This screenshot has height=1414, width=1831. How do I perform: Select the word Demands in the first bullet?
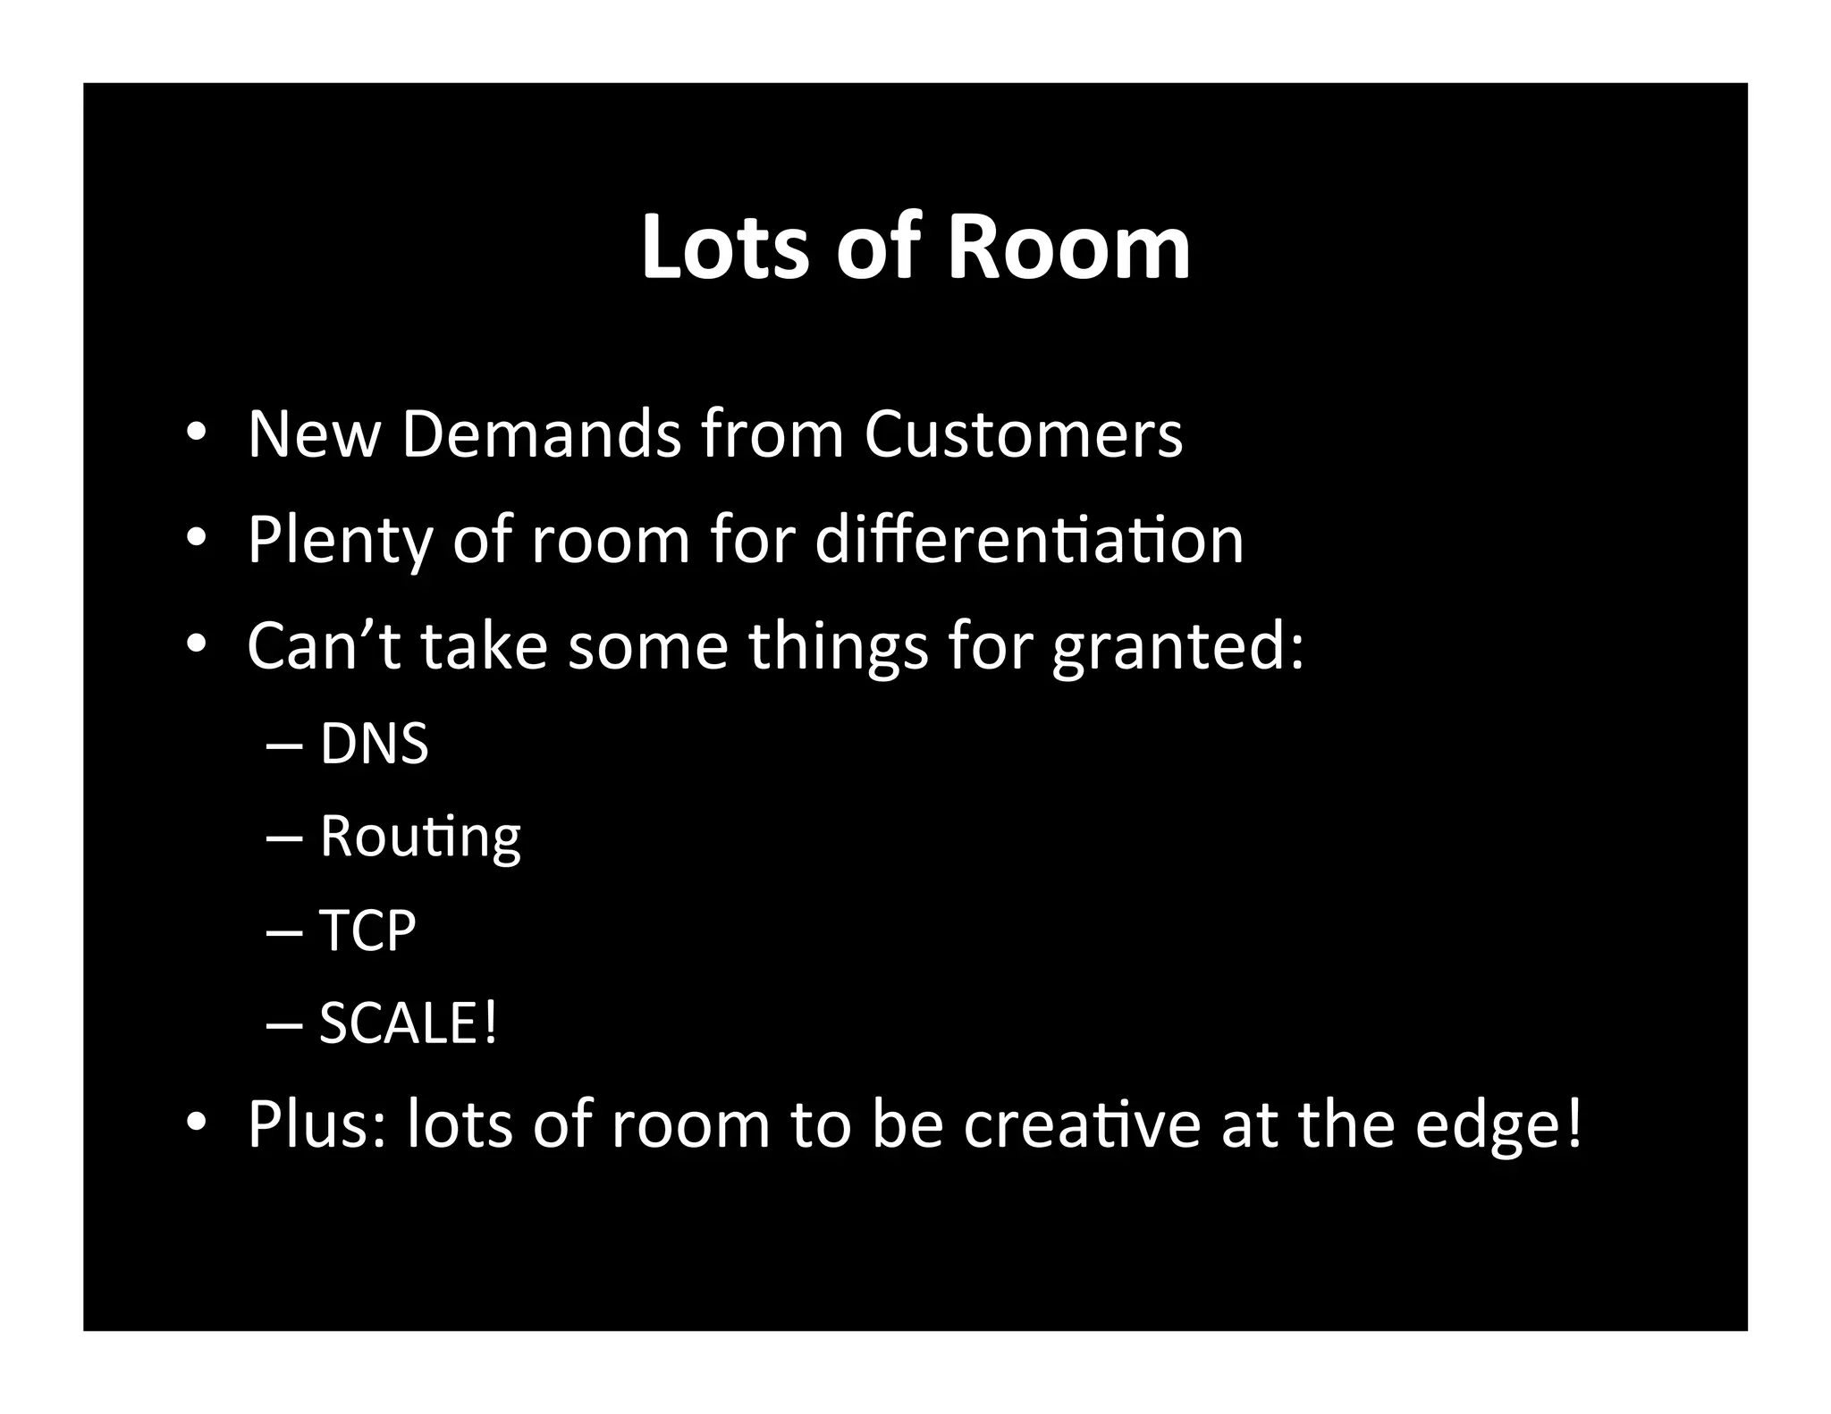pyautogui.click(x=541, y=434)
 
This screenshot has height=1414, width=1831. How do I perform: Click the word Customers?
pyautogui.click(x=1023, y=434)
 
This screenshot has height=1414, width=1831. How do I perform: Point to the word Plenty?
pyautogui.click(x=339, y=541)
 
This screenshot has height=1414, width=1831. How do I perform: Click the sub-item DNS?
pyautogui.click(x=374, y=744)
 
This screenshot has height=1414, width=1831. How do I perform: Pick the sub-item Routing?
pyautogui.click(x=420, y=837)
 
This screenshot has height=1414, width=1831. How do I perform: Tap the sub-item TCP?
pyautogui.click(x=367, y=930)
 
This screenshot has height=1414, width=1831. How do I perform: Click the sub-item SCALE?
pyautogui.click(x=408, y=1023)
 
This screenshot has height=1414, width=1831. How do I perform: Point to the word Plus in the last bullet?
pyautogui.click(x=317, y=1124)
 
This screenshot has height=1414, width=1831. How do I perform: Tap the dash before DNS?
pyautogui.click(x=284, y=745)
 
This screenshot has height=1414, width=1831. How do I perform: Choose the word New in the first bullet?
pyautogui.click(x=314, y=434)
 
